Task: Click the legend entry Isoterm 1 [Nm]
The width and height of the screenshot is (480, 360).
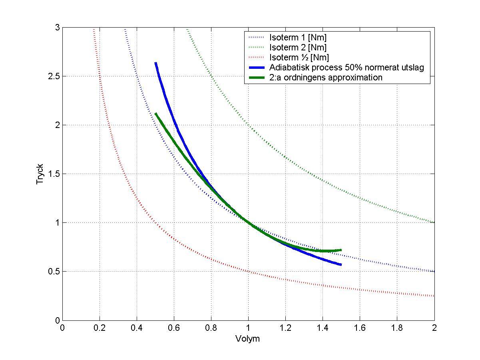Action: (x=298, y=38)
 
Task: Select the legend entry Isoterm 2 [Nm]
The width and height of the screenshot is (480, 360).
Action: (x=298, y=48)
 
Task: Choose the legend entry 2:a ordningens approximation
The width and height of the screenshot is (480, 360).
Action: (x=326, y=77)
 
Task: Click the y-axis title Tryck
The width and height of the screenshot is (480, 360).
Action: (x=40, y=174)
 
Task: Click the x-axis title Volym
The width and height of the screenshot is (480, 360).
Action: (x=248, y=339)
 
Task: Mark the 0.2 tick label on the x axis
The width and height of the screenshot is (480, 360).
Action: (x=100, y=328)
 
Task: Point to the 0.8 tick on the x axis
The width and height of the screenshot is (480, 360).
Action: (x=211, y=328)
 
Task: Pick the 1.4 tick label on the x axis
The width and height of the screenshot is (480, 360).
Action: (x=323, y=328)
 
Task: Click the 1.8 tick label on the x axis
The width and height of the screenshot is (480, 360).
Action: (x=397, y=328)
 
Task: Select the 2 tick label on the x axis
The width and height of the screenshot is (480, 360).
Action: (x=434, y=328)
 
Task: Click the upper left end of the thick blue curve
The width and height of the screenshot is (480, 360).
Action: (x=155, y=63)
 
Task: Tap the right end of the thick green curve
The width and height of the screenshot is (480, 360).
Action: (x=341, y=250)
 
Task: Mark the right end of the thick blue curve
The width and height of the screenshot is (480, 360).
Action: (x=341, y=264)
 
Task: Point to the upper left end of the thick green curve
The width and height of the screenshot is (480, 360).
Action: (x=155, y=114)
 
